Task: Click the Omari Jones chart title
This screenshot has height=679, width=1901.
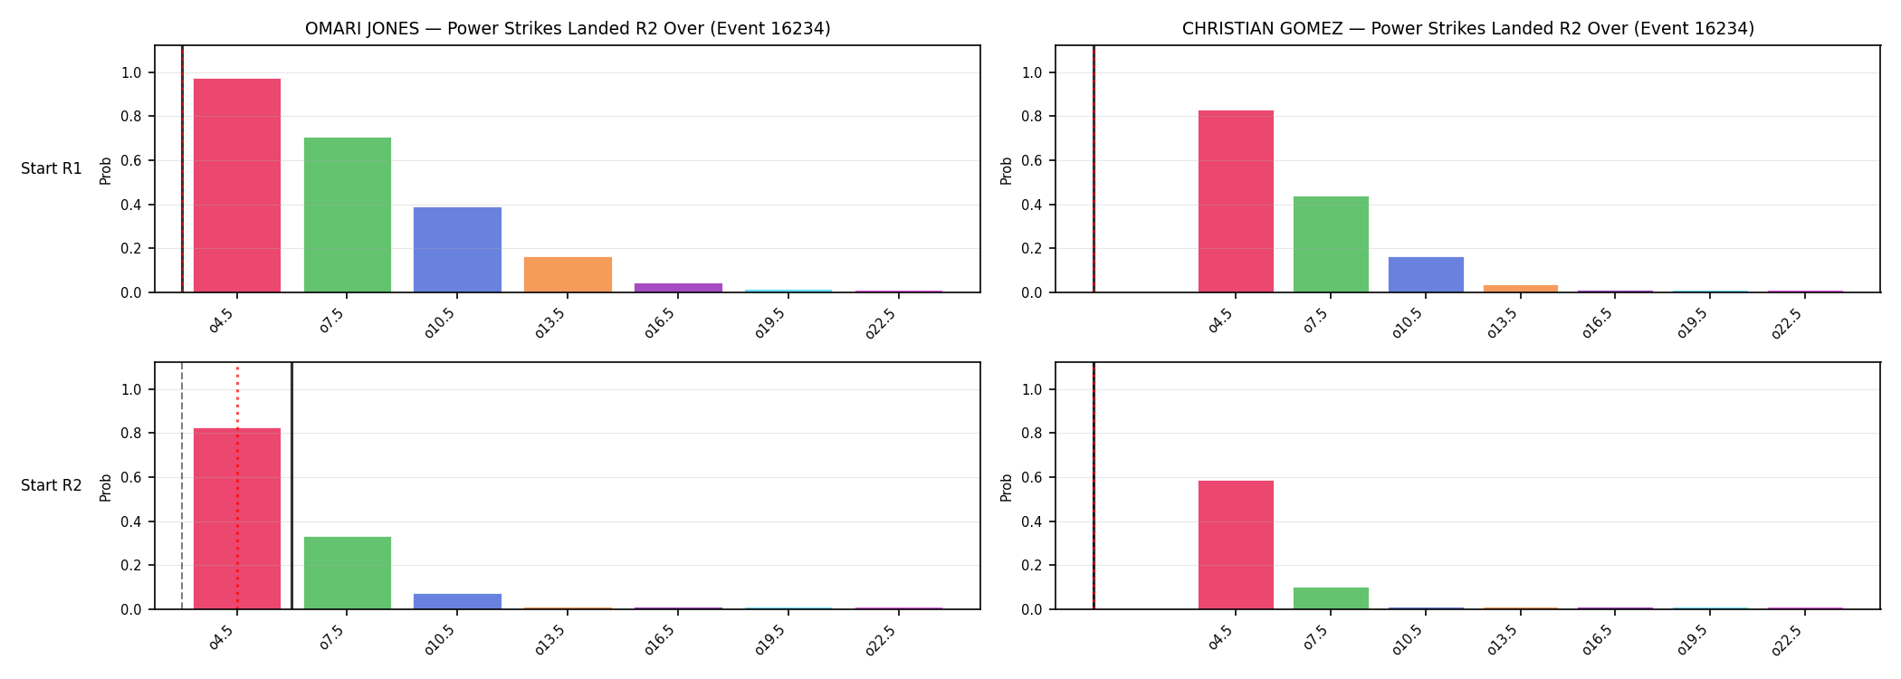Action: click(x=568, y=28)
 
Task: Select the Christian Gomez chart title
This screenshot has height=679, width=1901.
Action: click(x=1467, y=28)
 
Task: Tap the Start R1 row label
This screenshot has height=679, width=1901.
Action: click(x=52, y=168)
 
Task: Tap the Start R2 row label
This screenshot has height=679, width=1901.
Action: click(x=52, y=485)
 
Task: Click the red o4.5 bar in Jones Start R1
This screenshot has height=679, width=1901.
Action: click(x=237, y=186)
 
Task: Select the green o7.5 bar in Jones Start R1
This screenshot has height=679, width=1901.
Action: click(x=348, y=215)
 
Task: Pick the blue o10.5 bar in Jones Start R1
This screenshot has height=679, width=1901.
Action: click(x=457, y=250)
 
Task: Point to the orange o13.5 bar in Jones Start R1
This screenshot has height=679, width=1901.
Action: click(x=568, y=274)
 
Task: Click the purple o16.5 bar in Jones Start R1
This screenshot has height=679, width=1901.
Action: click(x=678, y=288)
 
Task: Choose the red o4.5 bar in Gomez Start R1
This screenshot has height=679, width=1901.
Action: click(x=1236, y=201)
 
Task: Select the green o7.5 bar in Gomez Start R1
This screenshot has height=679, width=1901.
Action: click(x=1331, y=244)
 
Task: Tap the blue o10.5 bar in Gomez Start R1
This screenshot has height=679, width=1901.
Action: click(x=1426, y=274)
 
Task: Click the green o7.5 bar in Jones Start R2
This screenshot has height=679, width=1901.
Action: click(x=348, y=573)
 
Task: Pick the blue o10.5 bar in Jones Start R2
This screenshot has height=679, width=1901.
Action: click(x=457, y=601)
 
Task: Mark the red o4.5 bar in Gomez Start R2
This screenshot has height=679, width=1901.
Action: click(x=1236, y=545)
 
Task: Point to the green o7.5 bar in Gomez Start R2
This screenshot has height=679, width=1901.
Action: click(x=1331, y=598)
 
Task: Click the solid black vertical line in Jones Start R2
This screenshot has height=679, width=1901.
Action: click(x=291, y=485)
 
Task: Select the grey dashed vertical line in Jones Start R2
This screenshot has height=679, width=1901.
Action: click(x=182, y=485)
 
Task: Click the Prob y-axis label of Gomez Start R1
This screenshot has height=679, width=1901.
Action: click(x=1007, y=170)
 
